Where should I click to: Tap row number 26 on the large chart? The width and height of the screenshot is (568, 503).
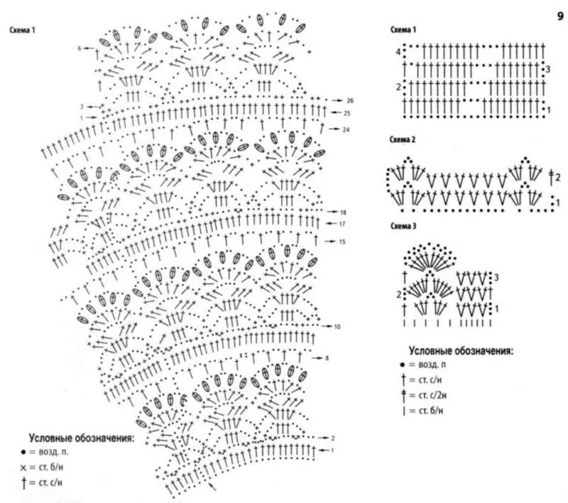(350, 100)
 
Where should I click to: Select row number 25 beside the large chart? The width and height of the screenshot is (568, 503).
(346, 113)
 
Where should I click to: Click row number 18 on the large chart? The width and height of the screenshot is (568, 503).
(343, 212)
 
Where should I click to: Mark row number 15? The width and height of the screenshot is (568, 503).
(342, 242)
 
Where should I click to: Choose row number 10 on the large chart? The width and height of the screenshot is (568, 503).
(337, 326)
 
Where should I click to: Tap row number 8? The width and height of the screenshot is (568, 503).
(327, 358)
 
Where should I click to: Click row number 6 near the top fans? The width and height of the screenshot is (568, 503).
(80, 48)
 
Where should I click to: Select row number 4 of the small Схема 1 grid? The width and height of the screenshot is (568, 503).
(398, 53)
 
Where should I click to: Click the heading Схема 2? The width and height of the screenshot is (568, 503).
(403, 139)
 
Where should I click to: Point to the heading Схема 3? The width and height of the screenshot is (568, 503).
(403, 227)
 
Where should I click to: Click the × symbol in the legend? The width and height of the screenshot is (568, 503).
(23, 467)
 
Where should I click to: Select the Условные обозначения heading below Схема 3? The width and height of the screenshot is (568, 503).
(461, 351)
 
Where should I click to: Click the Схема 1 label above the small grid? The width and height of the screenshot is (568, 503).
(403, 30)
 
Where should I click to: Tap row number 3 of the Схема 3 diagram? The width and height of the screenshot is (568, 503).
(498, 276)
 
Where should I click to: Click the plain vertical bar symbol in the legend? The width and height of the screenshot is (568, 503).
(404, 411)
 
